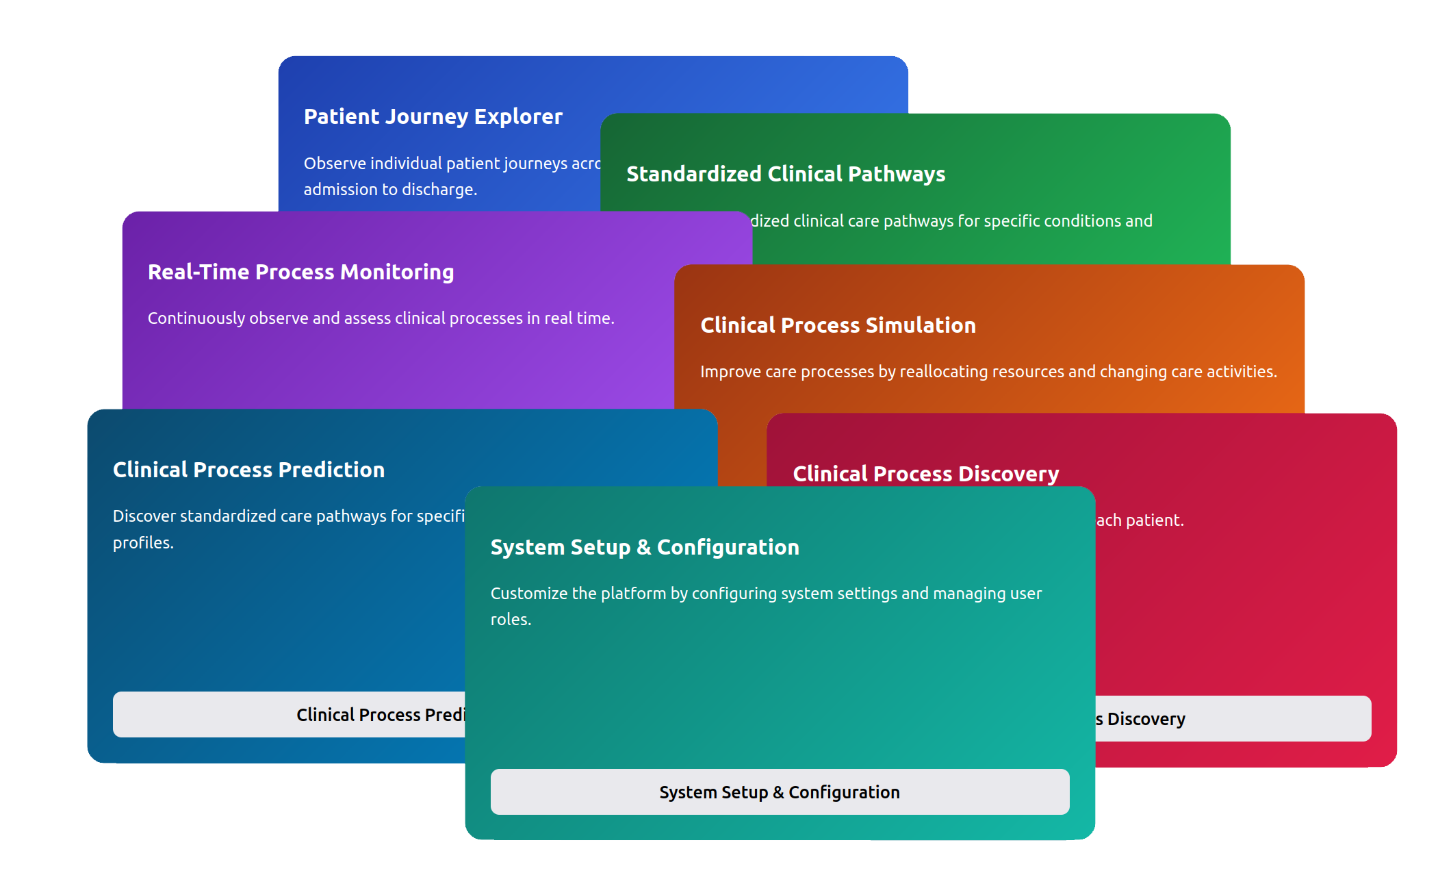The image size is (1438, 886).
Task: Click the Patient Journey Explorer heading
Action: [433, 117]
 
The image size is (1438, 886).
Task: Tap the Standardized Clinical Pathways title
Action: [785, 175]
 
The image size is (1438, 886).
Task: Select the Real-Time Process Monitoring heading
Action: [300, 273]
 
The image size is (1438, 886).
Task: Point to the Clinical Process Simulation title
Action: [838, 326]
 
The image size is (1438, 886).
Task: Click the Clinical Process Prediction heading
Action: [248, 470]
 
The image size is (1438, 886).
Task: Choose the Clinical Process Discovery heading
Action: [925, 474]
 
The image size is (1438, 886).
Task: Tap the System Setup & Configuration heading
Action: [644, 548]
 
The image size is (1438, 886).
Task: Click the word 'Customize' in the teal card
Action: [528, 594]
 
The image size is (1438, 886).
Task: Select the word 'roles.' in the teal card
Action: [511, 620]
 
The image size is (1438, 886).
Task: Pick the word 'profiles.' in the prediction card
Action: [143, 543]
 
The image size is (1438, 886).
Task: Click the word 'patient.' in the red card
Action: [1155, 520]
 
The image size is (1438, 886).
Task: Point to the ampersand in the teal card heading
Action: [643, 548]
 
